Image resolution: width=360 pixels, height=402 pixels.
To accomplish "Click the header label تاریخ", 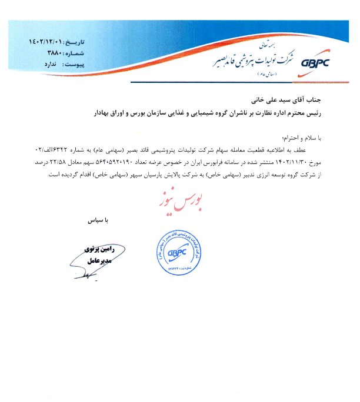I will point(78,43).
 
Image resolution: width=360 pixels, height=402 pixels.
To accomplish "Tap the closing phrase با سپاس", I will point(99,223).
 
